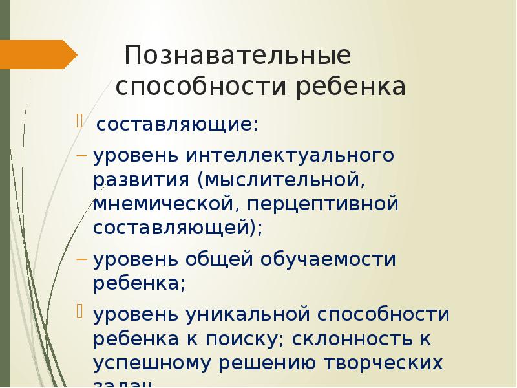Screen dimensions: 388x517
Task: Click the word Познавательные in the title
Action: [238, 56]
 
